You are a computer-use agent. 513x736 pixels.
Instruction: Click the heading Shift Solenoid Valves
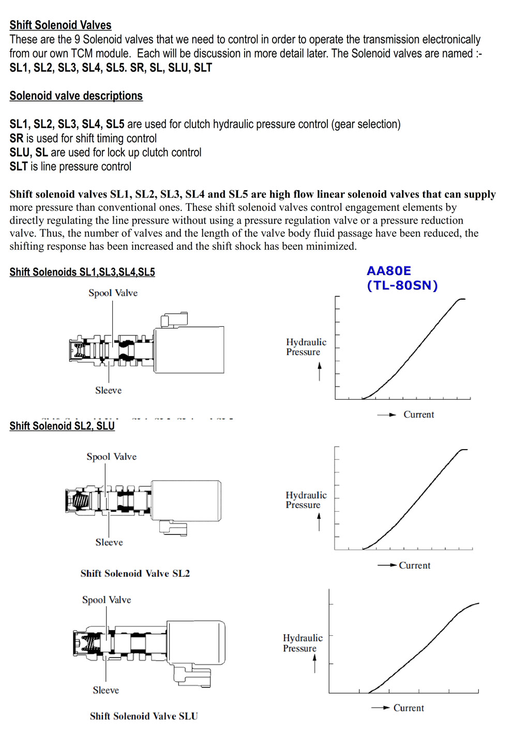(61, 25)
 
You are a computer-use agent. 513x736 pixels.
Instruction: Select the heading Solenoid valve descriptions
(76, 96)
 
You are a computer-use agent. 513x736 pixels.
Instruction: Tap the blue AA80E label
(389, 271)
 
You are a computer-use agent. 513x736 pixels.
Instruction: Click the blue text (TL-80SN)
(402, 285)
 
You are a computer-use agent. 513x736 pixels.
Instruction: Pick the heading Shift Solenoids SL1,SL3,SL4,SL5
(82, 272)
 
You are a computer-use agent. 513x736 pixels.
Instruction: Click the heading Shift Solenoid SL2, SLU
(62, 426)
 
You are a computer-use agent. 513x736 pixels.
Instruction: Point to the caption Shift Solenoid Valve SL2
(135, 573)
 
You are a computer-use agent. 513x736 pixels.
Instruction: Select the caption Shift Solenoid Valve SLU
(144, 716)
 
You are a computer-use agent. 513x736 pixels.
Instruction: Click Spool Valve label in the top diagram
(113, 293)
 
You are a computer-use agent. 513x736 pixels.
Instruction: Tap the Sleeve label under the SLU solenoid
(105, 690)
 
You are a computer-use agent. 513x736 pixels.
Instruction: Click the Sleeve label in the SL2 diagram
(109, 542)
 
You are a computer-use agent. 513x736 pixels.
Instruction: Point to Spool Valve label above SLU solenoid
(107, 600)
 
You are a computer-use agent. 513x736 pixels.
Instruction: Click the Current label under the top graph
(418, 415)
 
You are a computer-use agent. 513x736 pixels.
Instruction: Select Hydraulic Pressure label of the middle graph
(306, 500)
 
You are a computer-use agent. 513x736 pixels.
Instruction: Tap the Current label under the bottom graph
(409, 708)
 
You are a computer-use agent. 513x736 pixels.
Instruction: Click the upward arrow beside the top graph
(320, 371)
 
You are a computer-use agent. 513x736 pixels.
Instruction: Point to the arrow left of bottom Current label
(380, 708)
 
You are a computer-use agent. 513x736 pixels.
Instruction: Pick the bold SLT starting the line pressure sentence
(18, 166)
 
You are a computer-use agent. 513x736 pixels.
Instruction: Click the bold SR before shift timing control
(16, 139)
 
